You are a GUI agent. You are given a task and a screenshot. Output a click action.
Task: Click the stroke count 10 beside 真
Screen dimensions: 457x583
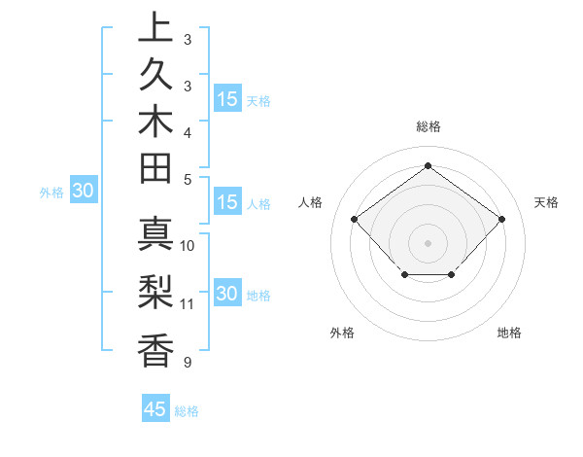(x=188, y=245)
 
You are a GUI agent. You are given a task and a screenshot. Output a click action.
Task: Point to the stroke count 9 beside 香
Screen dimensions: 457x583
(x=188, y=363)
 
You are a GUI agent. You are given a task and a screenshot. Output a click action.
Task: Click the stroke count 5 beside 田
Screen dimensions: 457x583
(x=188, y=178)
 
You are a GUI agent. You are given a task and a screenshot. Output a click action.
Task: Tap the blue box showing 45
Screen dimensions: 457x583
(x=155, y=409)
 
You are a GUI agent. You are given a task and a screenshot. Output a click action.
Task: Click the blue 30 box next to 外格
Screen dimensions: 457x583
(x=83, y=192)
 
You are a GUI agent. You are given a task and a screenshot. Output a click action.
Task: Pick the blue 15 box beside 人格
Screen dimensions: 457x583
(x=227, y=203)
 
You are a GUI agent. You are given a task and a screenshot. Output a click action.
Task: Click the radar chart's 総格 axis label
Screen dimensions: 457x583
(x=428, y=126)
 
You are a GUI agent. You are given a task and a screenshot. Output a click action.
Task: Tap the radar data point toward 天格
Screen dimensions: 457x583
(x=501, y=219)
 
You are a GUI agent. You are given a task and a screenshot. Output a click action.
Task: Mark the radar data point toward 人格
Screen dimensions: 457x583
(x=354, y=219)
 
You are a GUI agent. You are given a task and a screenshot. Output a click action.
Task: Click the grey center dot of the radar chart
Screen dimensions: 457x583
(x=428, y=242)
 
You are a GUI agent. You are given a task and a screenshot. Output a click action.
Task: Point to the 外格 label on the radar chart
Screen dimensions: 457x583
(x=342, y=333)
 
